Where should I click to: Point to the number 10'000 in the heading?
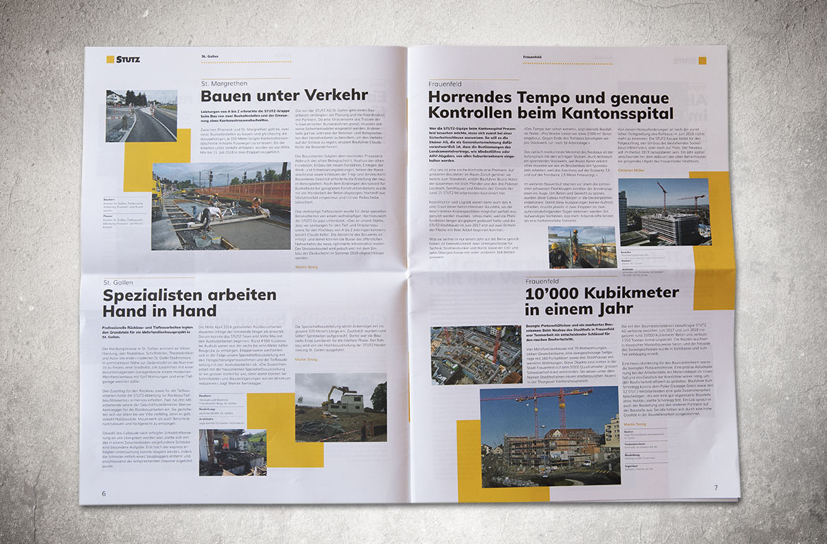tap(556, 293)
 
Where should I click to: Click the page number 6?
tap(104, 492)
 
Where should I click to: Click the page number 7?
tap(715, 487)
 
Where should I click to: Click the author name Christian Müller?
tap(632, 170)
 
